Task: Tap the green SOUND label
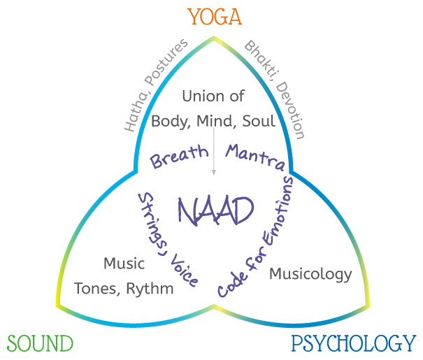click(x=40, y=344)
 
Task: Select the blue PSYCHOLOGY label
click(x=353, y=344)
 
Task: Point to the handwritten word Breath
click(x=180, y=157)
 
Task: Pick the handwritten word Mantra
click(x=254, y=157)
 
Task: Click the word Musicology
click(x=310, y=273)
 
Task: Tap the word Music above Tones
click(x=124, y=264)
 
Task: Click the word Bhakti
click(x=257, y=62)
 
